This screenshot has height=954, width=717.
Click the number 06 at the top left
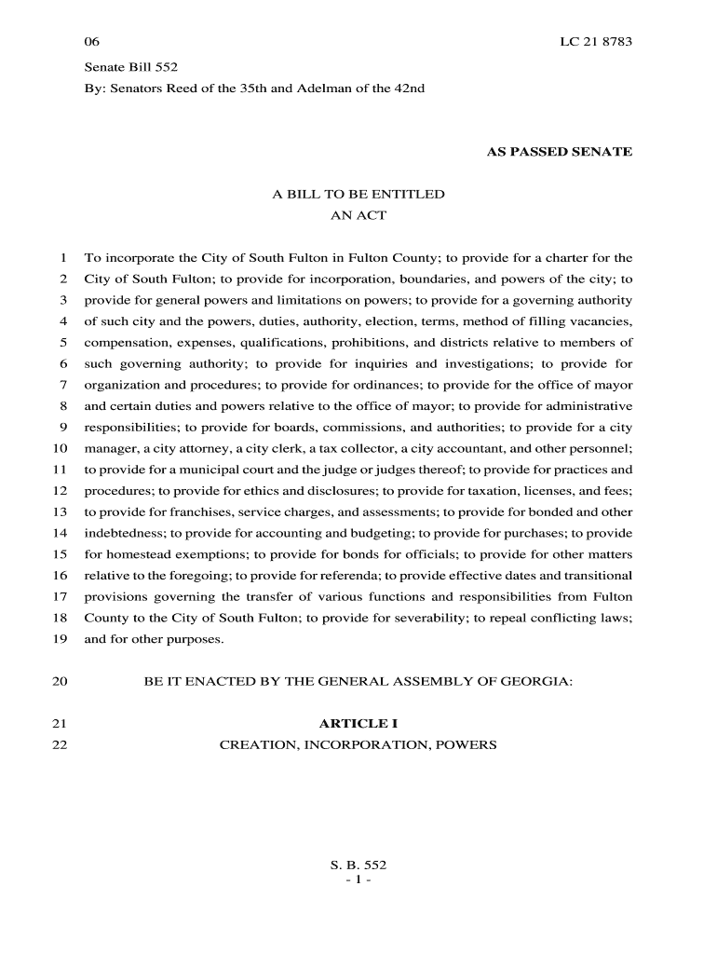(91, 43)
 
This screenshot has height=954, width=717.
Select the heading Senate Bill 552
(131, 67)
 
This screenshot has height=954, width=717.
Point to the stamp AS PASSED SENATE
(560, 151)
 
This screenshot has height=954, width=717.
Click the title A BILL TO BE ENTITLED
(358, 195)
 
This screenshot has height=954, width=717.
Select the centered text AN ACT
(358, 215)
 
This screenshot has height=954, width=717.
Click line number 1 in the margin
(62, 258)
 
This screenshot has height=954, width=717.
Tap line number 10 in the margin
(60, 448)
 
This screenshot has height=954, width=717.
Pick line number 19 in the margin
(60, 639)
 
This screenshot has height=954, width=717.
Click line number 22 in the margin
(60, 745)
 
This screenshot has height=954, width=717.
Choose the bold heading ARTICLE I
(358, 724)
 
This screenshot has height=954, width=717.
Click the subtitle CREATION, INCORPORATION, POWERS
(358, 745)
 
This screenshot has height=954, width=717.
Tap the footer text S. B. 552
(358, 865)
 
